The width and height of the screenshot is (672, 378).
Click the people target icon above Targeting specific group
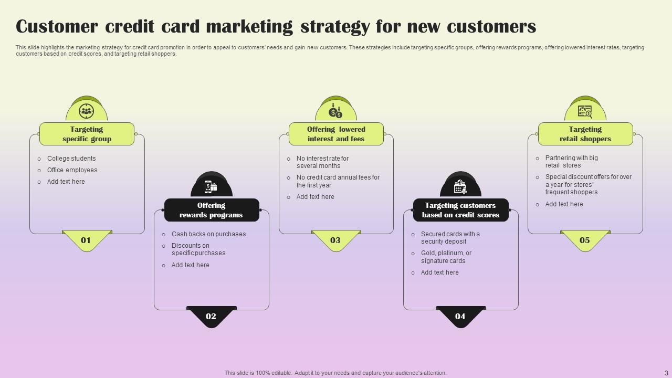pos(87,111)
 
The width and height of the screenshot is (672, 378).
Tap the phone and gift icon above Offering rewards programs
pos(211,186)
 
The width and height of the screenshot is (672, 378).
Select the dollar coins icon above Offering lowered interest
pos(335,111)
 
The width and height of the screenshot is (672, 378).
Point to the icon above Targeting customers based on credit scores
pos(460,186)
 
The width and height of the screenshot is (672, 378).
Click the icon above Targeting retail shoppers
pos(585,112)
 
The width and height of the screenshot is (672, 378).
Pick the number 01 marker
pos(86,240)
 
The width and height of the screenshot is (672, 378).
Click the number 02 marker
pos(211,316)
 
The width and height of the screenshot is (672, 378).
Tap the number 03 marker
pos(335,240)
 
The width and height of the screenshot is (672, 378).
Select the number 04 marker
pos(460,316)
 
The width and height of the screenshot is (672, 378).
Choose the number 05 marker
pos(585,240)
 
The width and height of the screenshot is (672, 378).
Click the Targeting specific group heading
pos(87,134)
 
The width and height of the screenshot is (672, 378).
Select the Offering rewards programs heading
pos(211,210)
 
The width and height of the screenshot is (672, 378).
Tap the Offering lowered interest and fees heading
pos(336,134)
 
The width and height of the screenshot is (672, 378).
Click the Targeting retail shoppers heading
pos(585,134)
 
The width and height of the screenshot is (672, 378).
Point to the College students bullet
pos(71,159)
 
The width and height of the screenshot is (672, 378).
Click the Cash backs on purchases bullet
pos(208,234)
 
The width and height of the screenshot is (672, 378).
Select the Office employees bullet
pos(72,170)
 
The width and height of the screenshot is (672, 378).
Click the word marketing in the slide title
pos(249,27)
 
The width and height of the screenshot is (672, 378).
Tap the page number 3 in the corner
pos(666,373)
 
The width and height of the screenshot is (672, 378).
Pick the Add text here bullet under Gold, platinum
pos(439,272)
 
